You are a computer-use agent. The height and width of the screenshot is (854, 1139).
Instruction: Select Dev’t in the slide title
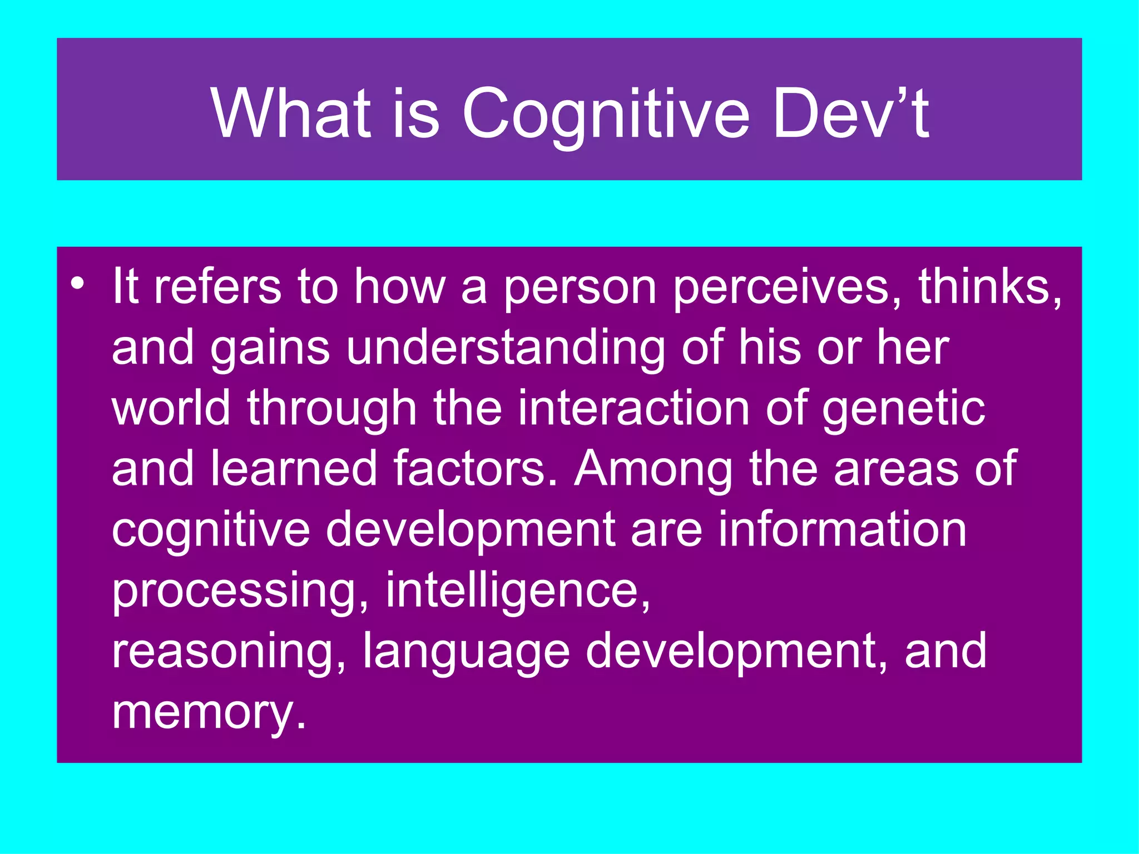coord(851,113)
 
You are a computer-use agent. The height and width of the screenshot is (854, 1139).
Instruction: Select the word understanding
coord(505,348)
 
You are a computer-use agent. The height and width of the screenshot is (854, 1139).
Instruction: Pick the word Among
coord(653,469)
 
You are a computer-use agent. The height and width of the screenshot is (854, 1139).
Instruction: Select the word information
coord(843,529)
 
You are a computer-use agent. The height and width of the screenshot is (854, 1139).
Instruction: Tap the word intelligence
coord(517,590)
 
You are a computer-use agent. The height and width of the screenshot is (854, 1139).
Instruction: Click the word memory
coord(209,713)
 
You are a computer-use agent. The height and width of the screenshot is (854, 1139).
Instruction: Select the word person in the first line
coord(580,287)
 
